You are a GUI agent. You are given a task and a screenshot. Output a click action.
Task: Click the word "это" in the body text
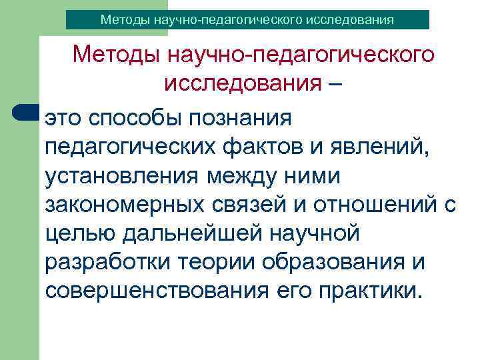63,118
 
